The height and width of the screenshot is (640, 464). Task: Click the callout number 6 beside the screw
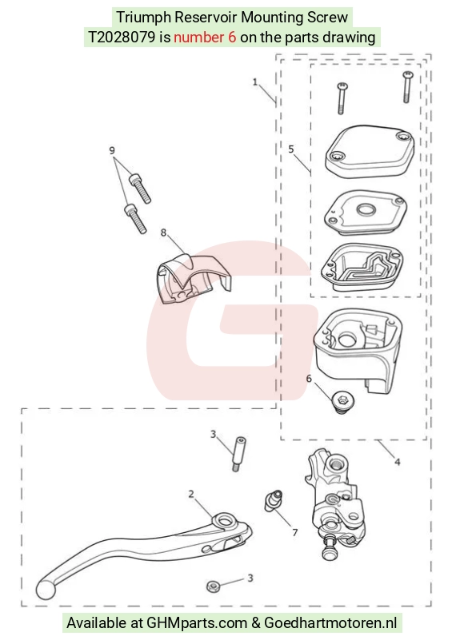(x=309, y=379)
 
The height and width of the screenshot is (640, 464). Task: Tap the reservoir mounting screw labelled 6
(x=342, y=402)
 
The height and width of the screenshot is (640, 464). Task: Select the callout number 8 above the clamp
(x=163, y=233)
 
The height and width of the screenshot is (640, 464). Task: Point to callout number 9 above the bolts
(x=112, y=151)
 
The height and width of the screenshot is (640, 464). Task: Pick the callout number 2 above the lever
(x=191, y=495)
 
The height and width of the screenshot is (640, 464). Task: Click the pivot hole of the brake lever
(x=224, y=521)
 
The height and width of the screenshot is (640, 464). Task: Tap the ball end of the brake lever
(x=45, y=589)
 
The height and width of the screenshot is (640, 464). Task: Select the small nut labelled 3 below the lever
(x=214, y=586)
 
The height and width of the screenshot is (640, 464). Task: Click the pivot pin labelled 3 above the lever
(x=238, y=454)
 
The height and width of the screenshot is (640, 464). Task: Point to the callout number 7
(x=294, y=532)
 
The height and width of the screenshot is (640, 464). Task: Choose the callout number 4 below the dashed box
(x=397, y=462)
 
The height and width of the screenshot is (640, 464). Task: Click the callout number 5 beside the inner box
(x=291, y=149)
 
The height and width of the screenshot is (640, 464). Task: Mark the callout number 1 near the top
(x=255, y=82)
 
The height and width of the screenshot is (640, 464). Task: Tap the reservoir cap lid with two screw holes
(x=370, y=152)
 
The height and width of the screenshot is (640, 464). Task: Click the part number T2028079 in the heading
(x=122, y=37)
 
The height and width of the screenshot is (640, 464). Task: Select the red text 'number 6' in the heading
(x=205, y=37)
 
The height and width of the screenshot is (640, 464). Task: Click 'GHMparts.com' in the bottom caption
(x=197, y=623)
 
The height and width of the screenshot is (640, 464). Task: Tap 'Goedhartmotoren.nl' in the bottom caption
(x=330, y=623)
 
